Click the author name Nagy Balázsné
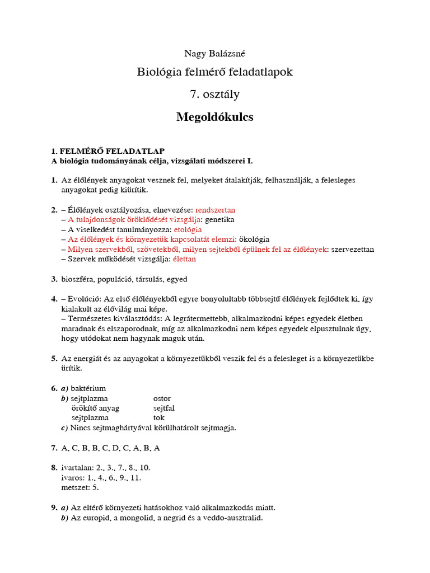(x=215, y=54)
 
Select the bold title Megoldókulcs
(x=215, y=117)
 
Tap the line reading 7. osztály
(x=215, y=94)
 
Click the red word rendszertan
(x=215, y=210)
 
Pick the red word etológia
(x=188, y=229)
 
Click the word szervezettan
(x=353, y=249)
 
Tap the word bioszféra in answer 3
(x=78, y=279)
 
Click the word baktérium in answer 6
(x=88, y=388)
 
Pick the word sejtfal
(x=164, y=408)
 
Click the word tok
(x=159, y=417)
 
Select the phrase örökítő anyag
(x=95, y=408)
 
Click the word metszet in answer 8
(x=74, y=487)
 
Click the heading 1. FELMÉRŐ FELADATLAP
(x=107, y=151)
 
